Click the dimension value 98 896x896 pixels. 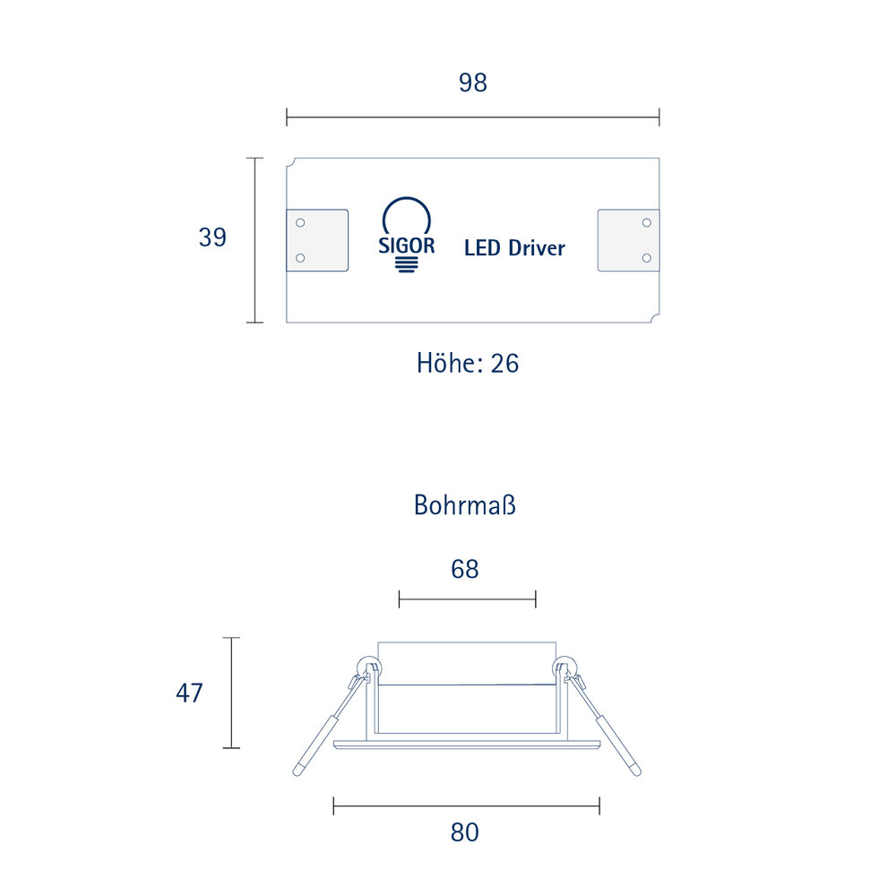(x=472, y=82)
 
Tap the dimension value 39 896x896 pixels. (x=212, y=237)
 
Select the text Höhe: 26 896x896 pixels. (x=468, y=364)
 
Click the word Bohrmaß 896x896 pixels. (x=464, y=505)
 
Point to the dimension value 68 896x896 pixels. (x=464, y=569)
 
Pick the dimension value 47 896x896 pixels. (x=189, y=694)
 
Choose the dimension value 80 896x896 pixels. (x=464, y=832)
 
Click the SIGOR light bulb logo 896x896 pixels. (x=406, y=235)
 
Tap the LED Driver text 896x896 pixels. (x=514, y=248)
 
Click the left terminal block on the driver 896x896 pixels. (x=317, y=240)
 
